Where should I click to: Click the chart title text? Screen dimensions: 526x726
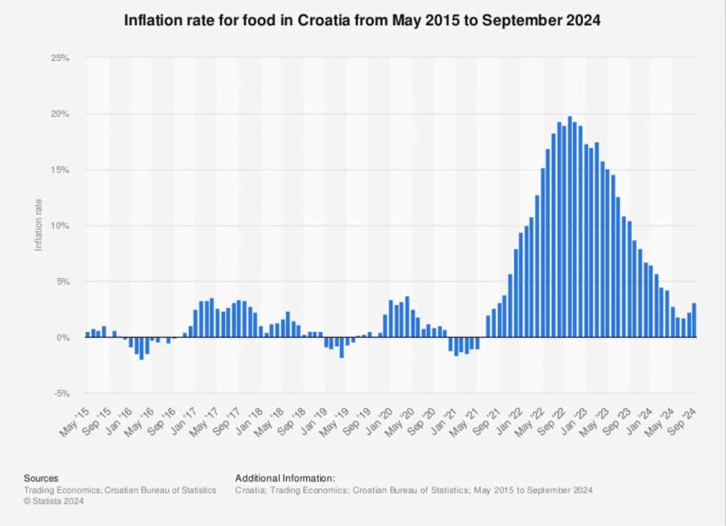(x=362, y=21)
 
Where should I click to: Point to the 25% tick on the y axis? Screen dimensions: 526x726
(x=60, y=58)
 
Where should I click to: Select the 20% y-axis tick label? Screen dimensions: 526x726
(x=60, y=114)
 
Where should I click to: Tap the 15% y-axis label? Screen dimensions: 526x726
(x=60, y=170)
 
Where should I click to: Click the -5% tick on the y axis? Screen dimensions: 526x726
(x=61, y=394)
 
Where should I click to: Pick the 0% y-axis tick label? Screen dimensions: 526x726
(x=63, y=338)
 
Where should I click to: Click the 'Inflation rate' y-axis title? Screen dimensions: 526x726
(x=39, y=225)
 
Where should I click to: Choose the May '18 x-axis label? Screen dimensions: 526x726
(x=270, y=422)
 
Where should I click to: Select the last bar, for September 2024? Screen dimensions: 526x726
(x=695, y=320)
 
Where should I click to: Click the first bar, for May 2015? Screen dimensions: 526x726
(x=88, y=334)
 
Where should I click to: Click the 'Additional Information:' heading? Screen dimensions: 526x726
(x=285, y=478)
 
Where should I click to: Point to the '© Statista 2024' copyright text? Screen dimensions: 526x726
(x=53, y=501)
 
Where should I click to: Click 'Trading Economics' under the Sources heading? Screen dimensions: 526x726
(x=62, y=490)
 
